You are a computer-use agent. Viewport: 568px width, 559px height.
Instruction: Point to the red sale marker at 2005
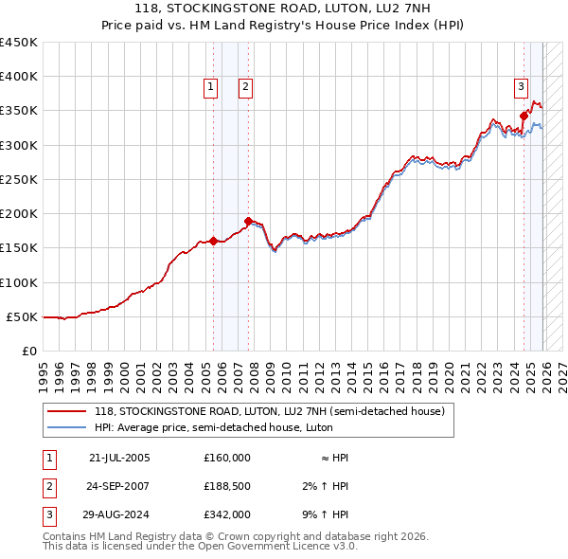pyautogui.click(x=213, y=241)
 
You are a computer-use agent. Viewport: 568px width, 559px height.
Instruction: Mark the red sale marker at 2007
pyautogui.click(x=248, y=222)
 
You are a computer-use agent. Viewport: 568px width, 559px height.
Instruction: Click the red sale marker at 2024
pyautogui.click(x=524, y=117)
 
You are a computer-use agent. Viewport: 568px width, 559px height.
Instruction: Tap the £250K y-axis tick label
pyautogui.click(x=19, y=179)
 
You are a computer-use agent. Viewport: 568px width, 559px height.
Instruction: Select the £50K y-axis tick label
pyautogui.click(x=22, y=316)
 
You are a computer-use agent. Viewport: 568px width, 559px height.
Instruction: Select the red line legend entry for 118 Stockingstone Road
pyautogui.click(x=275, y=411)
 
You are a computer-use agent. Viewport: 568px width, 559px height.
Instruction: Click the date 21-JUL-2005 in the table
pyautogui.click(x=119, y=458)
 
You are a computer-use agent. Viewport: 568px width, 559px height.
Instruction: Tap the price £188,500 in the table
pyautogui.click(x=227, y=486)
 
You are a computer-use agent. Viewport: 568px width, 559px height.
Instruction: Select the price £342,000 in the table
pyautogui.click(x=227, y=514)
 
